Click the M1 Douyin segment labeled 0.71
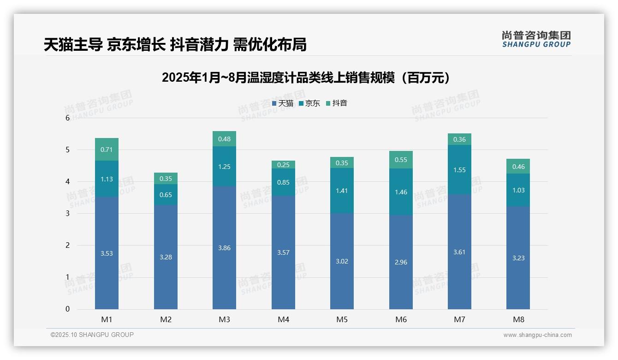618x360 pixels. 107,149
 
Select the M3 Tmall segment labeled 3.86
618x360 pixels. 224,247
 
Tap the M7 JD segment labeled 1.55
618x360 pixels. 459,169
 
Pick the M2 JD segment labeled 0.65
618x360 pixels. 166,194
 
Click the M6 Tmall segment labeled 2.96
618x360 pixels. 401,262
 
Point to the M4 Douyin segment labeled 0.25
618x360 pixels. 283,164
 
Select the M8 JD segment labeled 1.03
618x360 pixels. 518,190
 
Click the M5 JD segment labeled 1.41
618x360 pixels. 342,190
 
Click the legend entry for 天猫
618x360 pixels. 283,103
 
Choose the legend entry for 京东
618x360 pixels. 309,103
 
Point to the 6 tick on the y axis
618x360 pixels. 68,118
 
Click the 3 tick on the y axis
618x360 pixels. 68,213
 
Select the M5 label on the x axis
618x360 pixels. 342,319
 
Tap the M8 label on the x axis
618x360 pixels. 518,319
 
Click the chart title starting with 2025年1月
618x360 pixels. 306,78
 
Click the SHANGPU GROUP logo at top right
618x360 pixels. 536,39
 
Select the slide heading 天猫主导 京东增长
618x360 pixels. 175,44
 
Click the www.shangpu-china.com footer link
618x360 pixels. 537,335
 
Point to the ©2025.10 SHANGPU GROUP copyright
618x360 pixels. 92,335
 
